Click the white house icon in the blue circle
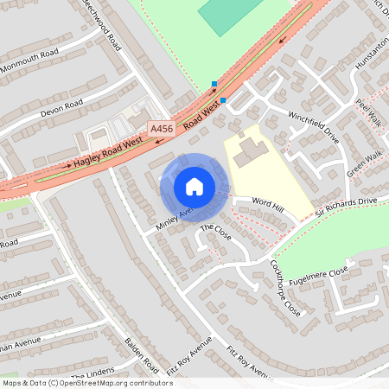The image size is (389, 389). pos(194,185)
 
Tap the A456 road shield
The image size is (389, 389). pos(161,129)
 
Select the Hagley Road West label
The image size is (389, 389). pos(108,152)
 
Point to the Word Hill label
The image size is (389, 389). pos(267,203)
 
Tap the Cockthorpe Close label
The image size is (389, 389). pos(285,287)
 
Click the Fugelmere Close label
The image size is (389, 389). pos(319,274)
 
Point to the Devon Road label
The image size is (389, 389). pos(61,109)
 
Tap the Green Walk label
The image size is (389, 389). pos(364,167)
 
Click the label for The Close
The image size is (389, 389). pos(216,233)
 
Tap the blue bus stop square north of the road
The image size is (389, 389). pos(214,84)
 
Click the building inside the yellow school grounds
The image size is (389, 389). pos(249,151)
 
